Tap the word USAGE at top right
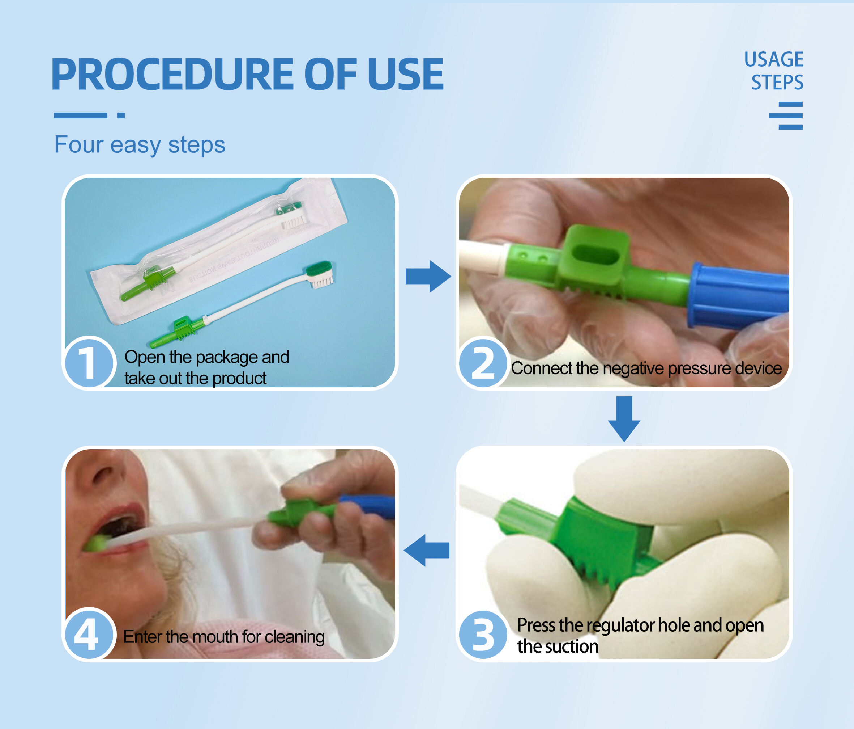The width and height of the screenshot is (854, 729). [x=774, y=59]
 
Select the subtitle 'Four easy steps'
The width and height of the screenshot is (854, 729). [x=140, y=145]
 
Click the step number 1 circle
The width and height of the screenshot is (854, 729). [x=88, y=362]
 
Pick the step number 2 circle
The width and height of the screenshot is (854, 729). [x=483, y=362]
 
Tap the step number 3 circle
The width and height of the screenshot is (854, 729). [x=483, y=634]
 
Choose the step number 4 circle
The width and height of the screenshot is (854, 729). [x=88, y=634]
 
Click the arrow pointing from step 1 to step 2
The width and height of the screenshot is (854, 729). [x=428, y=276]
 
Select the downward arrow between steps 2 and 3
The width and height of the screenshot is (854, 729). [x=624, y=419]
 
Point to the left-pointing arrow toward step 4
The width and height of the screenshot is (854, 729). [x=427, y=550]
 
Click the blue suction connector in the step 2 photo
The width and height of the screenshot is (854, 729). [x=738, y=295]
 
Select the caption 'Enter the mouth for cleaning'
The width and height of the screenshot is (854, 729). [x=224, y=637]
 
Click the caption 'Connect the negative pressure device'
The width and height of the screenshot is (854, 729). [x=646, y=368]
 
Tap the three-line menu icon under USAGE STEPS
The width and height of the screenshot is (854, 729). [x=786, y=115]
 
